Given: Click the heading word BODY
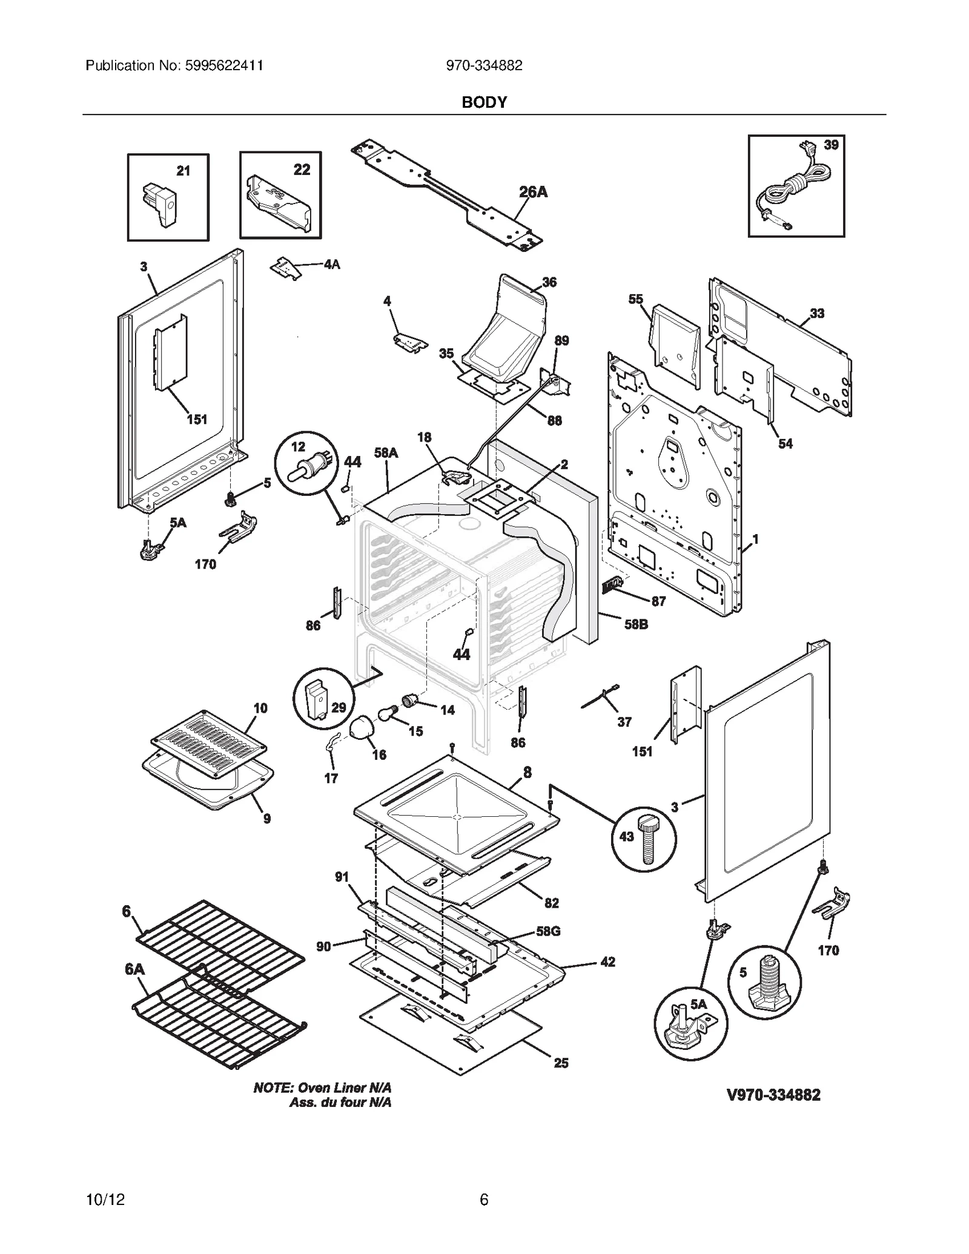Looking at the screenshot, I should (x=484, y=102).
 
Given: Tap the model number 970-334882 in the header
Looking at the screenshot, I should (x=484, y=65).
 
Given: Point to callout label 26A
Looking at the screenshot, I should (x=533, y=192).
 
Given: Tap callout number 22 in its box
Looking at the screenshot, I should (x=302, y=170).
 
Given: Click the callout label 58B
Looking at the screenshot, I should (x=636, y=624).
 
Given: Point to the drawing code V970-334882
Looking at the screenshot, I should (x=773, y=1094).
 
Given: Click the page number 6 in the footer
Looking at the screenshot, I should (x=484, y=1200).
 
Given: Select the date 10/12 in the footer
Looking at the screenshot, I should (x=105, y=1200).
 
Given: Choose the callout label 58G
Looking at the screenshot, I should (x=547, y=931).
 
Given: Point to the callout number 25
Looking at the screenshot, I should (x=561, y=1062).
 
